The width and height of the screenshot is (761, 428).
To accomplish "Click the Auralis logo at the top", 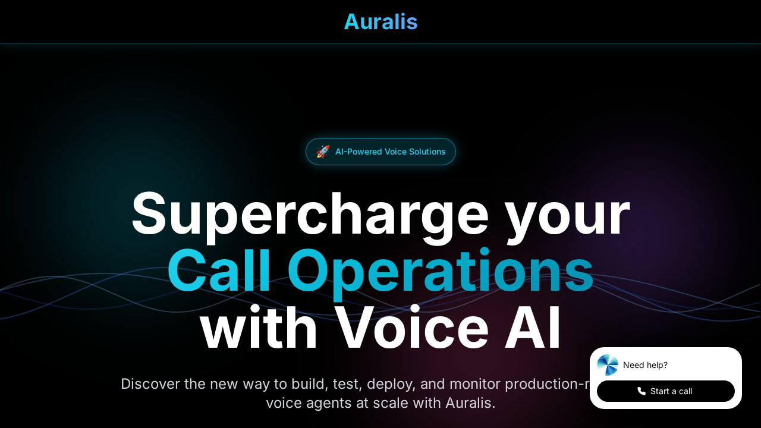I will click(x=380, y=22).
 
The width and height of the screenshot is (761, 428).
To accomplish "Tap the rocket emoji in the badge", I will click(x=323, y=152).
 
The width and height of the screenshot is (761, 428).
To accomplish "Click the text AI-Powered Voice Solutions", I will click(x=390, y=152).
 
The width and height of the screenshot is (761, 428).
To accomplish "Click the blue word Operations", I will click(x=440, y=272).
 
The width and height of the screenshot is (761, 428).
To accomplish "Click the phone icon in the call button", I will click(x=641, y=391).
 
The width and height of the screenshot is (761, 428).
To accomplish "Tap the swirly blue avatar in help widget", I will click(x=608, y=365).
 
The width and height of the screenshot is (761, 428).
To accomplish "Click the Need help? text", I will click(x=645, y=365).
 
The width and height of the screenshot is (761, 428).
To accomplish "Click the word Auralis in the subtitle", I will click(x=470, y=403).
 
